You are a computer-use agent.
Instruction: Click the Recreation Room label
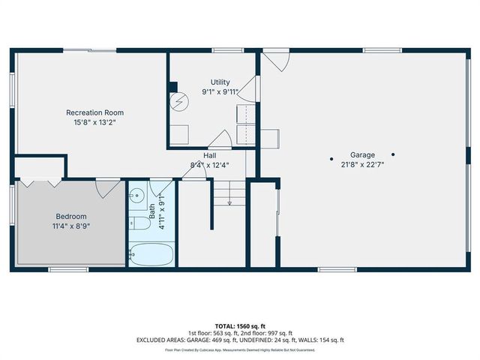[x=94, y=112]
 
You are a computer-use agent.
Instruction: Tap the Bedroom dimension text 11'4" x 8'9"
[x=72, y=225]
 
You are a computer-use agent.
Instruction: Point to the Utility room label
[x=220, y=82]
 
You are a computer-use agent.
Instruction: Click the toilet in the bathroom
[x=138, y=223]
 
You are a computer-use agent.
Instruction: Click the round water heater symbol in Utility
[x=179, y=103]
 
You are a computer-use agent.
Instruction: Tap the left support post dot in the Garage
[x=332, y=158]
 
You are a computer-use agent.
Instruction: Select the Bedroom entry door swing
[x=107, y=188]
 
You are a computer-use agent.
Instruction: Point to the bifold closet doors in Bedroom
[x=40, y=182]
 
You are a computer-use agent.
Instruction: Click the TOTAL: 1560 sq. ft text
[x=239, y=326]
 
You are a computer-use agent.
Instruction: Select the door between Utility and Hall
[x=220, y=140]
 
